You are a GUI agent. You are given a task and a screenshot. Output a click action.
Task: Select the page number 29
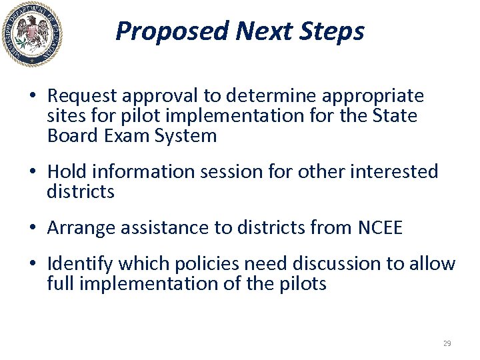tap(447, 343)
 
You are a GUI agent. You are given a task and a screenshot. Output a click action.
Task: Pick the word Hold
tap(67, 172)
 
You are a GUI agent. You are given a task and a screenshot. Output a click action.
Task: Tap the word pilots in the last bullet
tap(303, 284)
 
